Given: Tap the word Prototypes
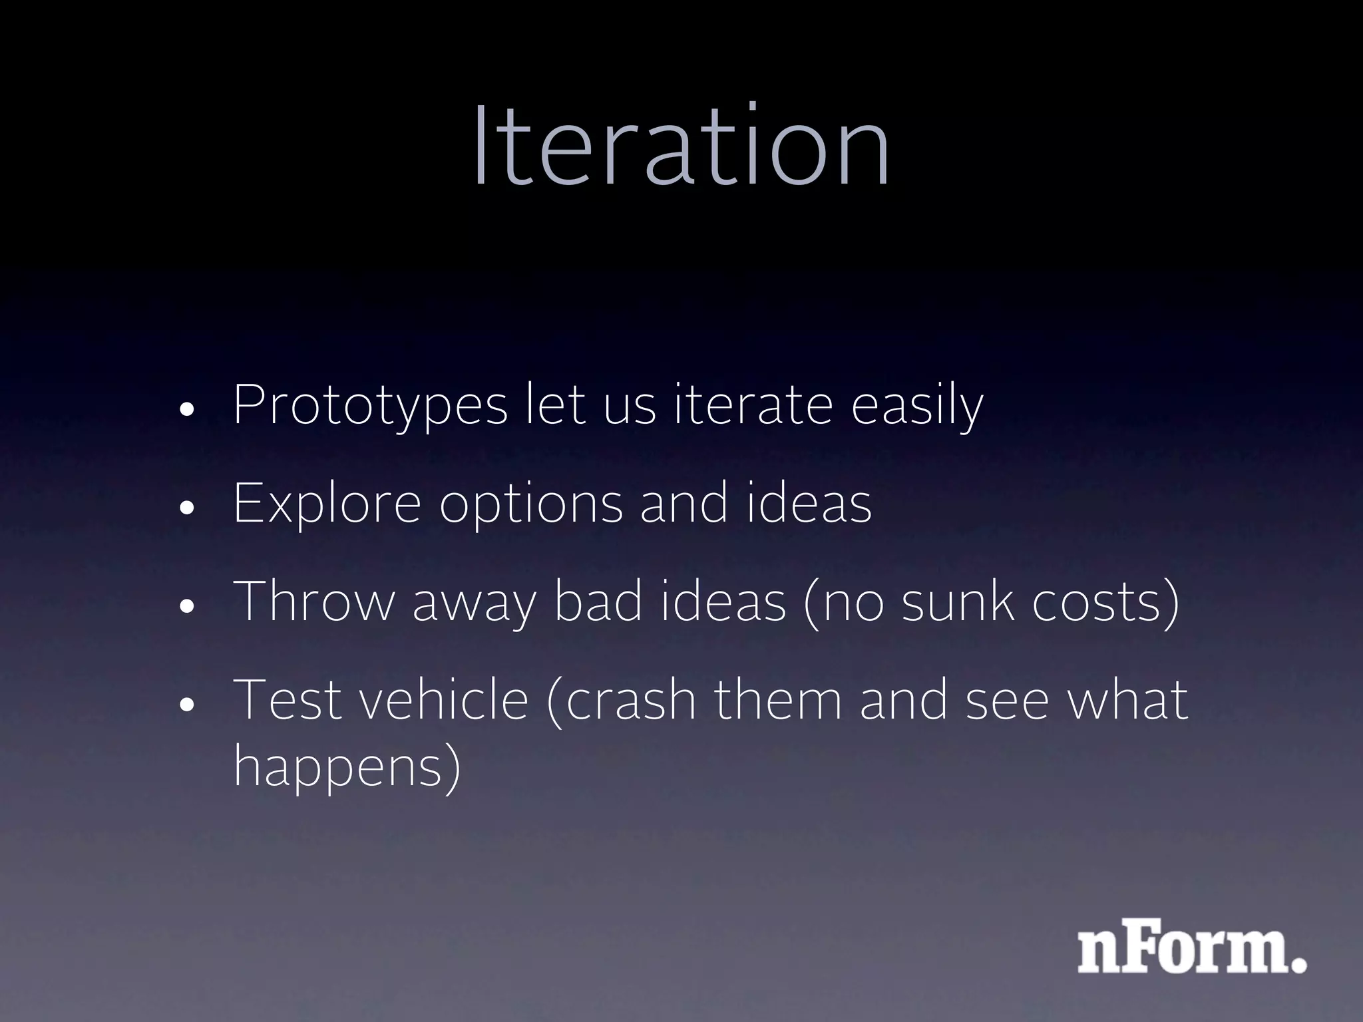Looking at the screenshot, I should [370, 406].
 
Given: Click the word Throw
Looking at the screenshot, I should [314, 601].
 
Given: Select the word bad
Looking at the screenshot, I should [598, 601].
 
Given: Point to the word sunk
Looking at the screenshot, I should [958, 601].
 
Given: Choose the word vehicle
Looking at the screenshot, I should [444, 700].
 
